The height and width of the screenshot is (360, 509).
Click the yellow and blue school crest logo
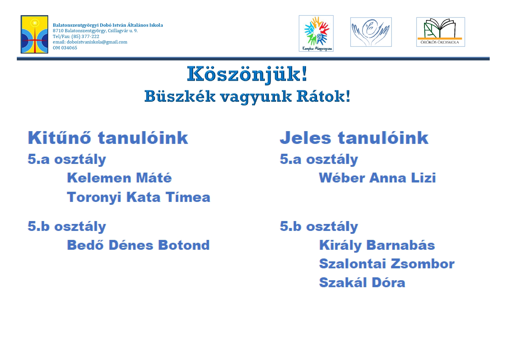pos(34,34)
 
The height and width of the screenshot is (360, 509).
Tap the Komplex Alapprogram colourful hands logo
pos(316,33)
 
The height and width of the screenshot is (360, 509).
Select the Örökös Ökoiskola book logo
pos(441,32)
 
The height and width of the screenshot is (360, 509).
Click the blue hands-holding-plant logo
pos(371,32)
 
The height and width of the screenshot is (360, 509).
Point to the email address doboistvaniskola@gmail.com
pos(97,42)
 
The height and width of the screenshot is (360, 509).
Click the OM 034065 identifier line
pos(65,48)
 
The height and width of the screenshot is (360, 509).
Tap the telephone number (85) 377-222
pos(85,37)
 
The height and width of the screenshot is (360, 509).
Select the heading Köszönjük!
pos(247,75)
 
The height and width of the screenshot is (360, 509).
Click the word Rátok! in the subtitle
pos(323,96)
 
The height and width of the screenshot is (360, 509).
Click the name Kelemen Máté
pos(119,178)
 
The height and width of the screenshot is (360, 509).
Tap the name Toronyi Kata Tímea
pos(139,197)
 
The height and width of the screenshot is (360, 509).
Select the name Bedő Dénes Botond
pos(138,245)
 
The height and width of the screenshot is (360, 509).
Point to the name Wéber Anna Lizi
pos(377,178)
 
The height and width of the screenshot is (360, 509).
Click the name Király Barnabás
pos(377,245)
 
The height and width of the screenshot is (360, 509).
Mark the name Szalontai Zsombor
pos(387,264)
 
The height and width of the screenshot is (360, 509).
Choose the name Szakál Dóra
pos(362,283)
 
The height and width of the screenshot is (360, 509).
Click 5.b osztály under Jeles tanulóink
pos(319,227)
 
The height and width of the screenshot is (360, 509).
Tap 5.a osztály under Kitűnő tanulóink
pos(67,159)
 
